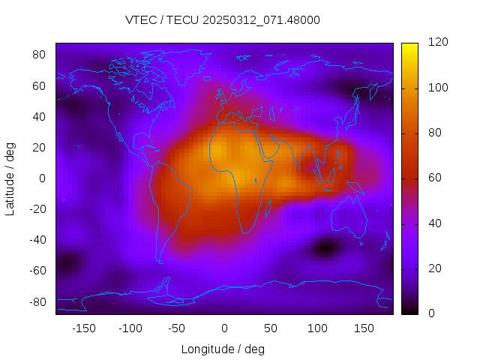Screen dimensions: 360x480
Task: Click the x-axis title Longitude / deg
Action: click(223, 349)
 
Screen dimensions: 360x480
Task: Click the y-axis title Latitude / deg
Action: click(10, 177)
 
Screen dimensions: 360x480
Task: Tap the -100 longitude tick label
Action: click(130, 328)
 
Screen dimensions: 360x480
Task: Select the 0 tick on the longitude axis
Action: click(223, 328)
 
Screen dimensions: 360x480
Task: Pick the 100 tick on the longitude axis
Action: click(317, 328)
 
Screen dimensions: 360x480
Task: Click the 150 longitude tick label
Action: click(364, 328)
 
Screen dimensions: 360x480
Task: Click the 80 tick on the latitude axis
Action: click(40, 55)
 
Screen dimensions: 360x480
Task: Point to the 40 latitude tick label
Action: click(40, 116)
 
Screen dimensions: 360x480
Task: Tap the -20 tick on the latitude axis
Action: click(37, 209)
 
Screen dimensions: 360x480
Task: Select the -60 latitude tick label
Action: click(37, 271)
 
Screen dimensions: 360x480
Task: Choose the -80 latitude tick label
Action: click(37, 301)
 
